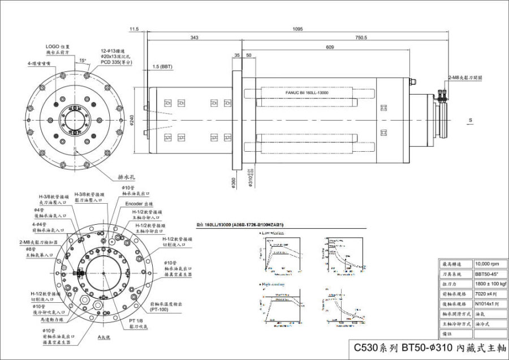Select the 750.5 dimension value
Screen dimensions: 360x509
[361, 38]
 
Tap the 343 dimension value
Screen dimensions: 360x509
[194, 38]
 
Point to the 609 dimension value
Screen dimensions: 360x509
[329, 48]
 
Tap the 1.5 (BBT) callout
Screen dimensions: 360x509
[162, 67]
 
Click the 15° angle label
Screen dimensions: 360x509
[83, 60]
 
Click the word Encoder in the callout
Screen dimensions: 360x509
[133, 203]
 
